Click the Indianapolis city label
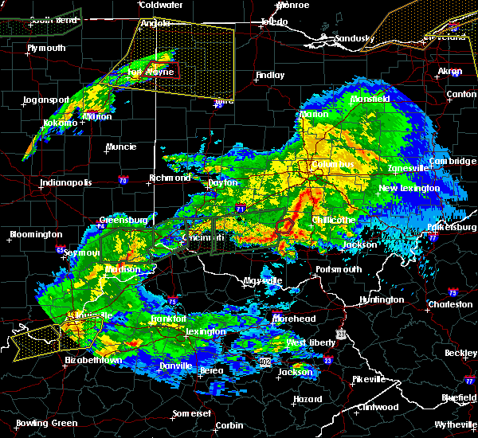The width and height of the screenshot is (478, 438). click(67, 183)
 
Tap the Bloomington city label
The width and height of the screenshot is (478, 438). click(36, 234)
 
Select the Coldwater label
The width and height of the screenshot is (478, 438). click(161, 5)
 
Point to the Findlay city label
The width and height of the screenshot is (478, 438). click(269, 76)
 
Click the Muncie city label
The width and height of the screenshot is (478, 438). click(121, 147)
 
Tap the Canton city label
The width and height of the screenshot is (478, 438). click(461, 94)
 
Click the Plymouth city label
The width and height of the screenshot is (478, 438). click(46, 49)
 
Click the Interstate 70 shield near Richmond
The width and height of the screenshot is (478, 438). click(123, 179)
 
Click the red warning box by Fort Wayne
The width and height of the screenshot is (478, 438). click(166, 69)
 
